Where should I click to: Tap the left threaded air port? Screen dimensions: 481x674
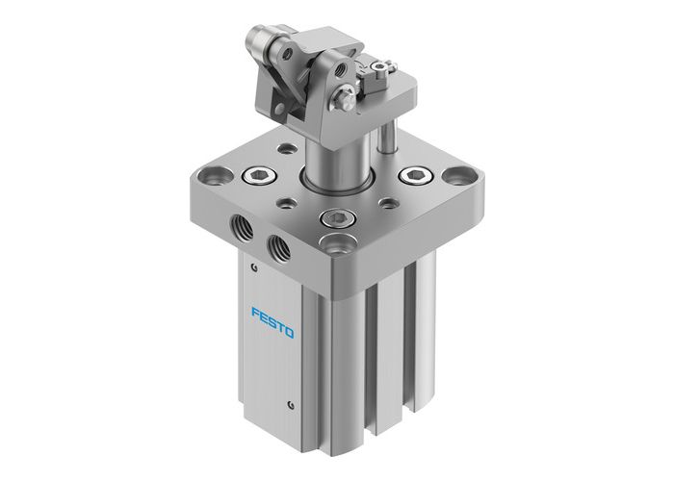pos(240,227)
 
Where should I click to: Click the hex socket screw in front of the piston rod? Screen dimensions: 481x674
pos(337,219)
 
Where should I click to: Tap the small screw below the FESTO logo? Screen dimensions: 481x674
pos(290,396)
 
